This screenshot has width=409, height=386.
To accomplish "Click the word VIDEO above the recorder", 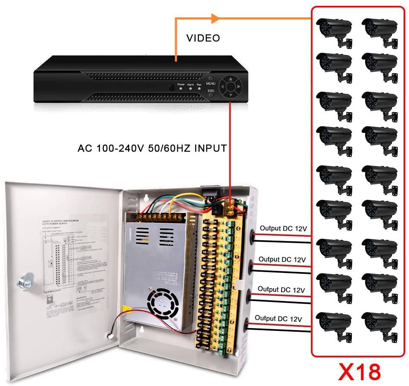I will (203, 39).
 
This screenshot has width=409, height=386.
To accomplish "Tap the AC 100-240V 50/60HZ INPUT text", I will (152, 148).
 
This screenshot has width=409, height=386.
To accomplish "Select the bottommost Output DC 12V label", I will (278, 318).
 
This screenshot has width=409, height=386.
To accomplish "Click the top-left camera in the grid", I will (333, 31).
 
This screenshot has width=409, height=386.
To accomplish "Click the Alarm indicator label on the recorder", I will (190, 84).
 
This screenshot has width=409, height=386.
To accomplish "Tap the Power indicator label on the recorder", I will (181, 84).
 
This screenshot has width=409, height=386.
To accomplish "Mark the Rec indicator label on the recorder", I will (199, 84).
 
